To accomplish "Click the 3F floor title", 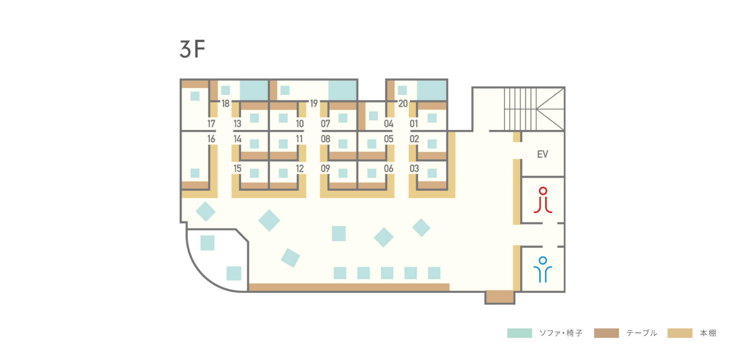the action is click(192, 49).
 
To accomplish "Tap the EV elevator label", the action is click(542, 154).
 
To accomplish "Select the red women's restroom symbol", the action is click(543, 200).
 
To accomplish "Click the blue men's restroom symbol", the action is click(543, 269).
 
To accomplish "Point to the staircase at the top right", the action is click(534, 109).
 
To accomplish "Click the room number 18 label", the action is click(225, 104).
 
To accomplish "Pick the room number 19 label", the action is click(314, 104).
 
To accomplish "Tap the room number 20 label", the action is click(403, 104).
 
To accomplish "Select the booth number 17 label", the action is click(211, 124).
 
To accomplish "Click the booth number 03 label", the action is click(414, 168).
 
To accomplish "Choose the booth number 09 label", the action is click(325, 168).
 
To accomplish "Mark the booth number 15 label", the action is click(237, 168).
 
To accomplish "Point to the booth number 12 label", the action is click(300, 168).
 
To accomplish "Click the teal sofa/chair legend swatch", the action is click(519, 333).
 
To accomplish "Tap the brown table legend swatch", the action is click(607, 333).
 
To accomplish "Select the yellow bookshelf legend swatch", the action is click(680, 333).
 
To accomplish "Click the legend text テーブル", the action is click(642, 333).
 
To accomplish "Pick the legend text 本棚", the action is click(708, 333).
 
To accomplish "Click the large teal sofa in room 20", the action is click(432, 90).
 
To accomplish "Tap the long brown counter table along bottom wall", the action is click(349, 287).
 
